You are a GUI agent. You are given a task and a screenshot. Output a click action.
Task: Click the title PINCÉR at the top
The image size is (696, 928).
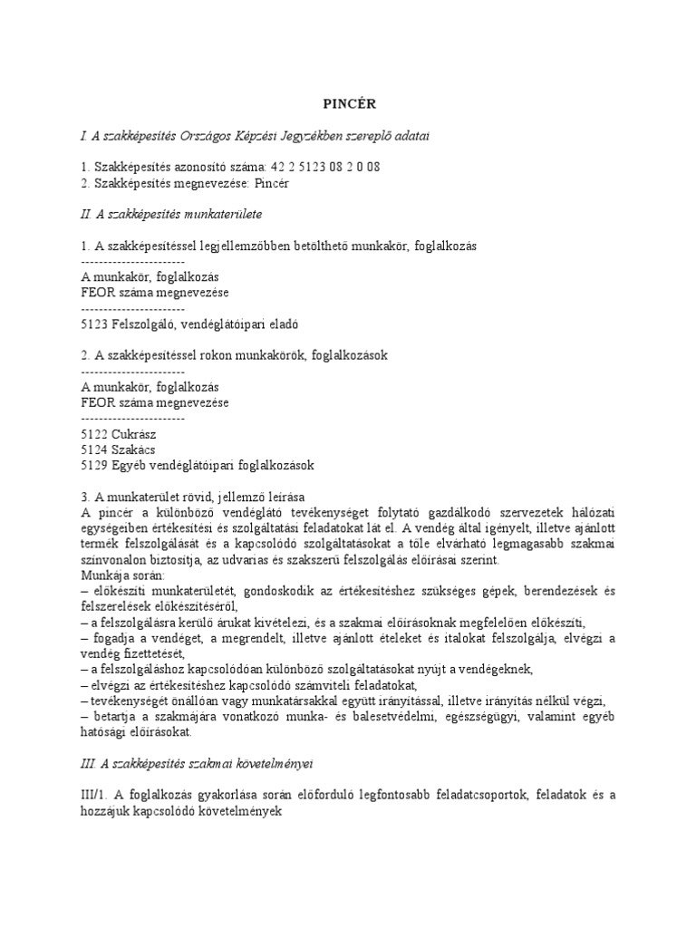click(347, 104)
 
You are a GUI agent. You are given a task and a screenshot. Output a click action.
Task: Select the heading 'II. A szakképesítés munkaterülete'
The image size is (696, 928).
click(171, 214)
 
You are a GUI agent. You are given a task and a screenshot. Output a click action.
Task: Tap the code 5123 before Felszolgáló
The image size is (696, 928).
click(95, 324)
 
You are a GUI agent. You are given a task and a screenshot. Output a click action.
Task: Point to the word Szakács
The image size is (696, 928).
click(134, 449)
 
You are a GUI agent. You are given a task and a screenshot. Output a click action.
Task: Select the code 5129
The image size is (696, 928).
click(95, 466)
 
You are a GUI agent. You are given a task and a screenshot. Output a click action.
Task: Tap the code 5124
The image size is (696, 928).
click(95, 449)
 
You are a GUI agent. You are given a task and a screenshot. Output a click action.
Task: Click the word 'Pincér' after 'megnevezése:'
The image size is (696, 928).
click(271, 183)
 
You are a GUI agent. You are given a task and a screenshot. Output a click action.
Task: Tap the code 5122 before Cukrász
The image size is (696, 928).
click(95, 434)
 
